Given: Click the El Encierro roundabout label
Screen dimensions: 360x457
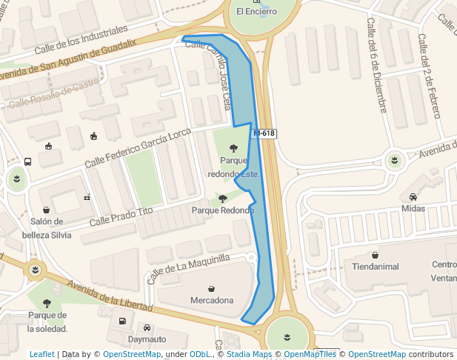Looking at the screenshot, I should pos(256,11).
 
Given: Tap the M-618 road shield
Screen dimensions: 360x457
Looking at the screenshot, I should pos(264,133).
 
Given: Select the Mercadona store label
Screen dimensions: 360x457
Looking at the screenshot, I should pos(212,300).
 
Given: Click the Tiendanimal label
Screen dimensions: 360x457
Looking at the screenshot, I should pos(376,267).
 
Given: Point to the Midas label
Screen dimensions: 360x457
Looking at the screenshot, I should pos(413,208).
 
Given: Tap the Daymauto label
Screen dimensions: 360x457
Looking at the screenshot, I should pos(147,339).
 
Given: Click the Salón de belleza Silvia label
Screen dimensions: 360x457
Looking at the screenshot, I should pos(51,228).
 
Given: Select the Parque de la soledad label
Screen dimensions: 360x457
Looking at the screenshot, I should pos(47,321).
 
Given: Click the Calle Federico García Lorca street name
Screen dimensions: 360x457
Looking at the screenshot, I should pos(138,147).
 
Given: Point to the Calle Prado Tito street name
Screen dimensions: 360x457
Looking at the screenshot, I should pos(121,216).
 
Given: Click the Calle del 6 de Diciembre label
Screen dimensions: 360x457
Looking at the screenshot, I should pos(376,66).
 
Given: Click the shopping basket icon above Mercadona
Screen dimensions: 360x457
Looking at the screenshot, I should pos(212,288).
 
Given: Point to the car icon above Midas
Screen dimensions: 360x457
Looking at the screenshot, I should pos(413,197).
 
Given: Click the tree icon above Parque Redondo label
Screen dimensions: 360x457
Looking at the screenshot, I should pos(223,199).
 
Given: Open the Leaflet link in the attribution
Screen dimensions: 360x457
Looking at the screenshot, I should pos(42,354).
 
